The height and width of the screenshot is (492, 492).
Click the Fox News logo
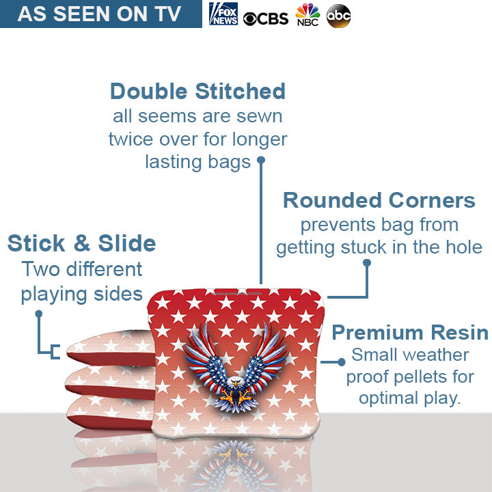223,14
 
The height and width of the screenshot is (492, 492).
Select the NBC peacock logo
307,14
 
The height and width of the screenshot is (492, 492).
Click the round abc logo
338,15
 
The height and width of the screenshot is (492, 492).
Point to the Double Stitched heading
197,91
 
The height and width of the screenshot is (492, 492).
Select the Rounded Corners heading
379,200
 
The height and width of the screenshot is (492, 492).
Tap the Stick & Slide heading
81,243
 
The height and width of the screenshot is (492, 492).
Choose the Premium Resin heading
409,333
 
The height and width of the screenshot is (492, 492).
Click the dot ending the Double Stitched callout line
260,161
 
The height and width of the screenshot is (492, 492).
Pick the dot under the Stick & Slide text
39,314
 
